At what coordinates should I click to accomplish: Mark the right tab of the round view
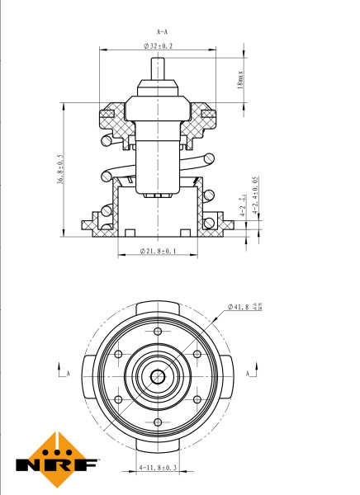[230, 375]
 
